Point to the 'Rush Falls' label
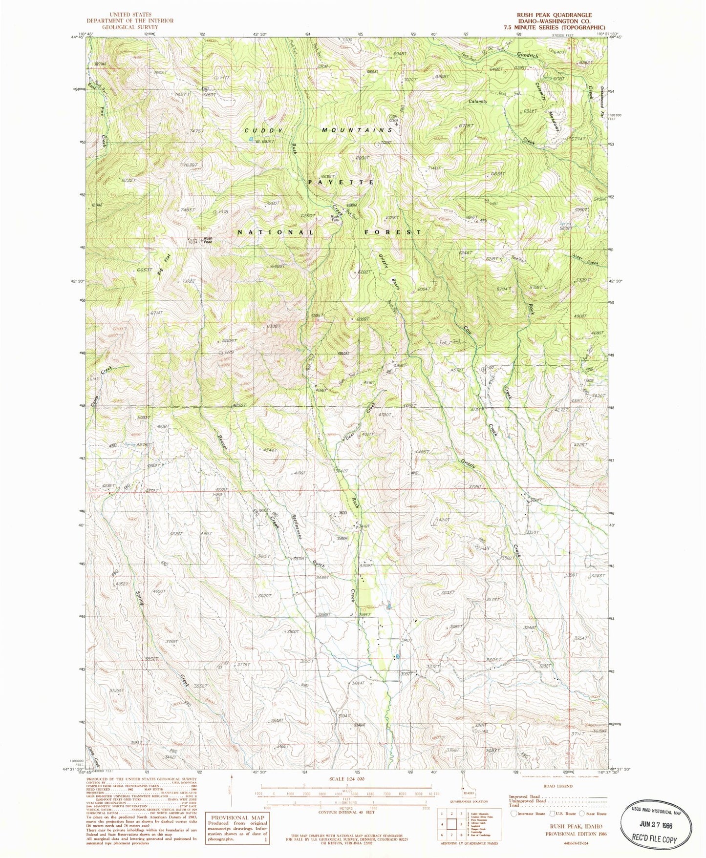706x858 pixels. click(x=335, y=218)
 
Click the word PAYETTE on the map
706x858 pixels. click(x=342, y=182)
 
